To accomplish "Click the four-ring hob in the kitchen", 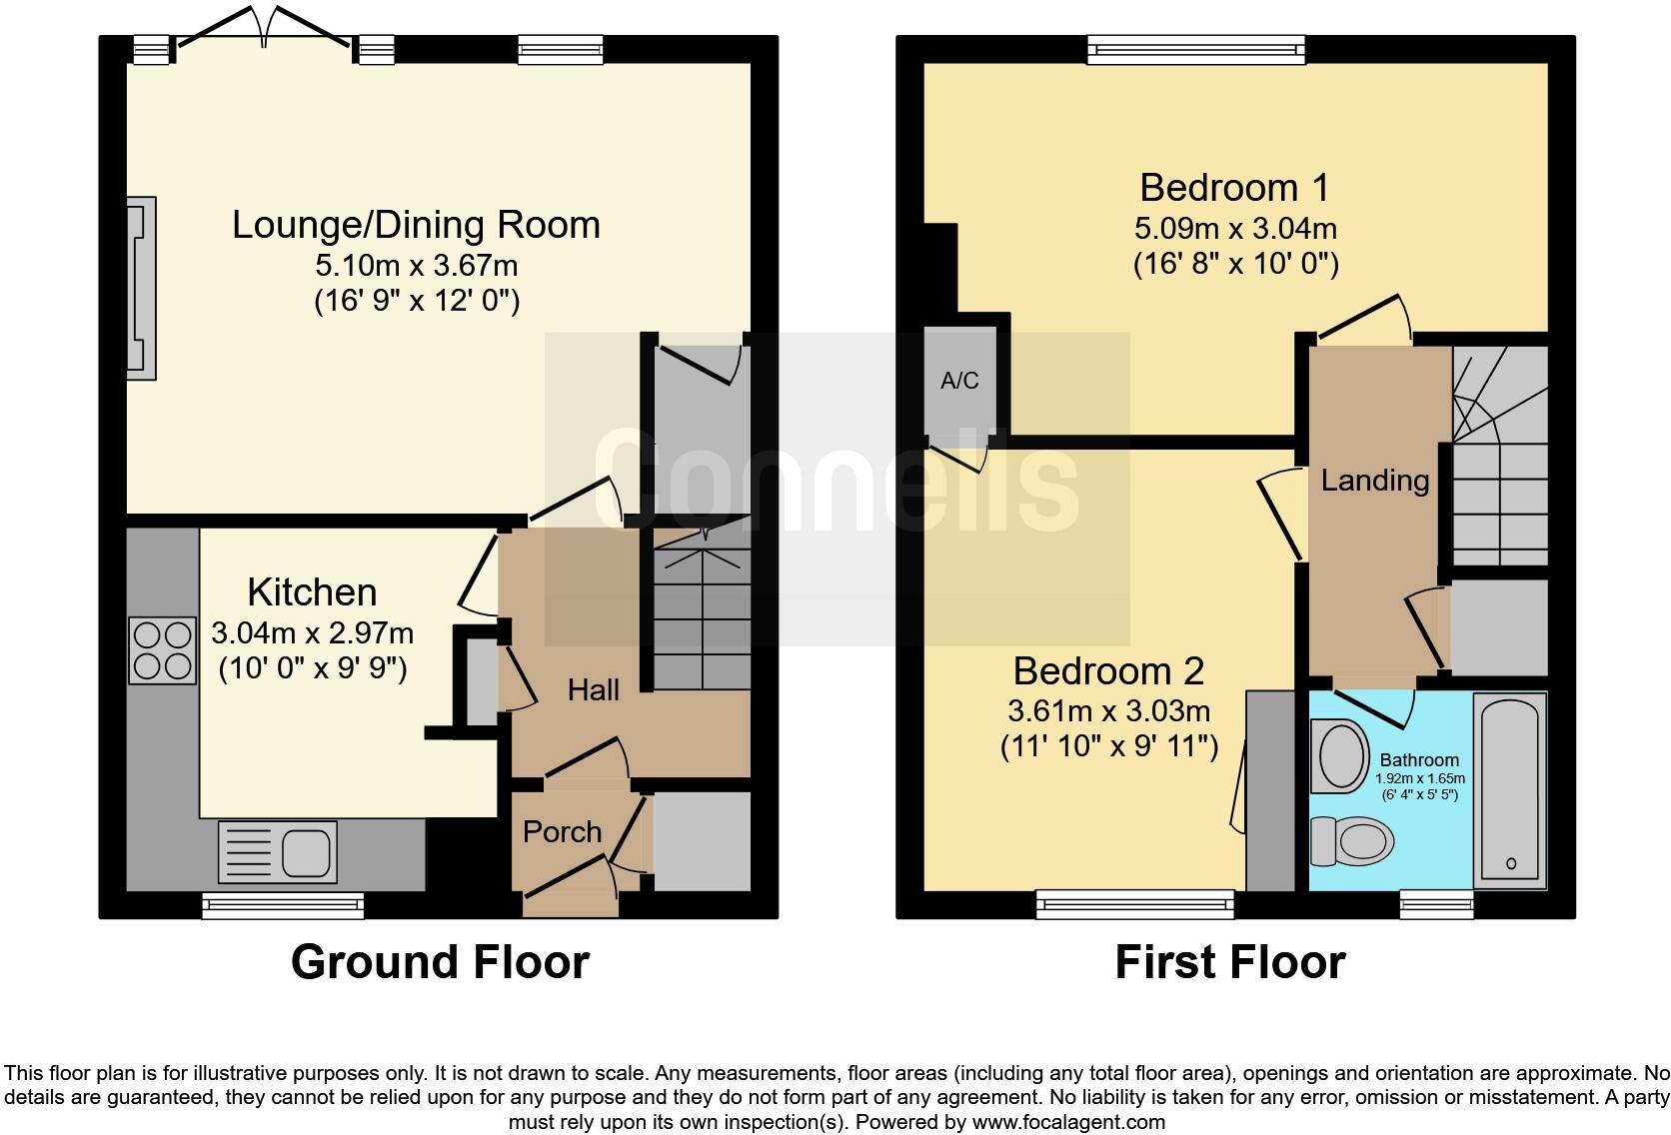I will [x=162, y=650].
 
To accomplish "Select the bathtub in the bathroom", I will [x=1510, y=789].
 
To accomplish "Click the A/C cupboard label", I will [x=959, y=381].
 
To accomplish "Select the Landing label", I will [x=1374, y=481].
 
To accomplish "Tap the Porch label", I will [x=562, y=831].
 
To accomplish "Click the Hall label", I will [x=593, y=689].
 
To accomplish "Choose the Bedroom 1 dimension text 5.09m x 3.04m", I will [x=1235, y=229].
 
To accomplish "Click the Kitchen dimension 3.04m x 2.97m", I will [x=312, y=633].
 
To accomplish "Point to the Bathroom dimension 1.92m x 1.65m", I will [x=1419, y=778].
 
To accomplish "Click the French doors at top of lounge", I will [x=265, y=28].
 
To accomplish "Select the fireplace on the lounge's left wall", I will [x=141, y=288].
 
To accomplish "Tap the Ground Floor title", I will [x=440, y=962].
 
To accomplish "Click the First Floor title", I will [x=1229, y=962].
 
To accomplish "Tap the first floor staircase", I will [x=1499, y=460].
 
